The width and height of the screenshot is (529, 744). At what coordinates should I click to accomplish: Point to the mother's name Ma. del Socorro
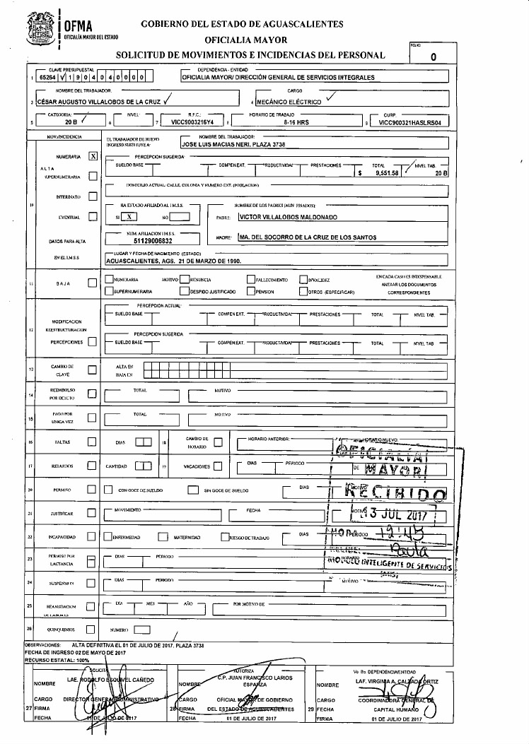coord(307,237)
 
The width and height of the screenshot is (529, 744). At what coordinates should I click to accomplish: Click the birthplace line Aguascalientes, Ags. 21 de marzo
coord(173,260)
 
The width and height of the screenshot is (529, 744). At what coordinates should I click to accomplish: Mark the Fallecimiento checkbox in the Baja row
coord(250,280)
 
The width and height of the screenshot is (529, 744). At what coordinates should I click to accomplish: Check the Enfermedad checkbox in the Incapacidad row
coord(108,538)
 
